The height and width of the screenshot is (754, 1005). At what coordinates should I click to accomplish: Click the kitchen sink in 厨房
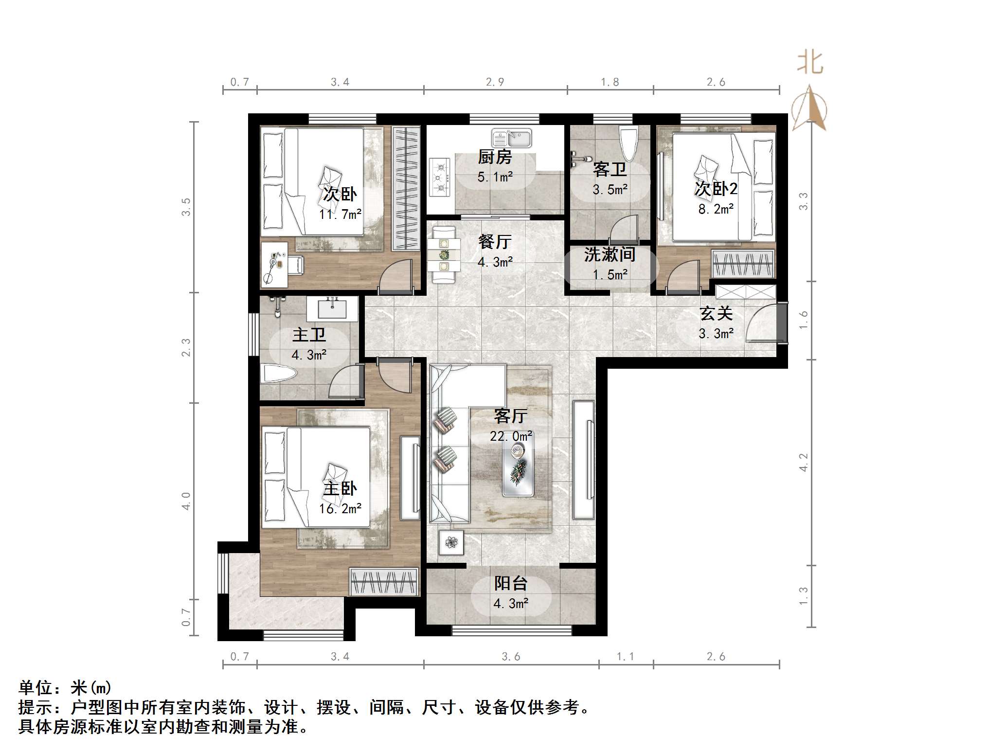pyautogui.click(x=511, y=138)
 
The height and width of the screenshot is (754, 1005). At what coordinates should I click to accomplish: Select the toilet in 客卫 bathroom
pyautogui.click(x=628, y=143)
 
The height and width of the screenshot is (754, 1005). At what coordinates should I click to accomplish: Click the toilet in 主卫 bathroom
pyautogui.click(x=279, y=375)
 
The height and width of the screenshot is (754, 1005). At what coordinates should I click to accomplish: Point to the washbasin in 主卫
pyautogui.click(x=333, y=308)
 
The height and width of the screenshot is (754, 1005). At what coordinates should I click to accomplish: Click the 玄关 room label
pyautogui.click(x=716, y=314)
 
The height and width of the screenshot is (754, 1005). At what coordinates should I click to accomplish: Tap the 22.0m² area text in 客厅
pyautogui.click(x=511, y=436)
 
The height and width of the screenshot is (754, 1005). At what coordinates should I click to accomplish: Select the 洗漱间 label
pyautogui.click(x=610, y=254)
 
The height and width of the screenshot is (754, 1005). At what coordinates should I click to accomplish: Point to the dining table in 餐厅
pyautogui.click(x=444, y=254)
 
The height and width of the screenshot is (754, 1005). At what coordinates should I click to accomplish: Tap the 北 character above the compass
pyautogui.click(x=810, y=63)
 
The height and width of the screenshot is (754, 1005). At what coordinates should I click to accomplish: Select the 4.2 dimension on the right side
pyautogui.click(x=804, y=462)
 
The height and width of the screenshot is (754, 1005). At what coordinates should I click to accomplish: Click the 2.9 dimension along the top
pyautogui.click(x=495, y=82)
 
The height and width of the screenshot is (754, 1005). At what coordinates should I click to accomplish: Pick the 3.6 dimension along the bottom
pyautogui.click(x=511, y=657)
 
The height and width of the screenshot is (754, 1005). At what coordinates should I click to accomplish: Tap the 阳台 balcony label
pyautogui.click(x=511, y=583)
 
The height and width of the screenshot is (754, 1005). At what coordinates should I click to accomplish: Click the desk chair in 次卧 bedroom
pyautogui.click(x=295, y=265)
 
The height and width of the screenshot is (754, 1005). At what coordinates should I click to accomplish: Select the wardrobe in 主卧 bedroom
pyautogui.click(x=384, y=582)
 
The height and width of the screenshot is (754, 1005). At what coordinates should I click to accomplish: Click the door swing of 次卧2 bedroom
pyautogui.click(x=683, y=277)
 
